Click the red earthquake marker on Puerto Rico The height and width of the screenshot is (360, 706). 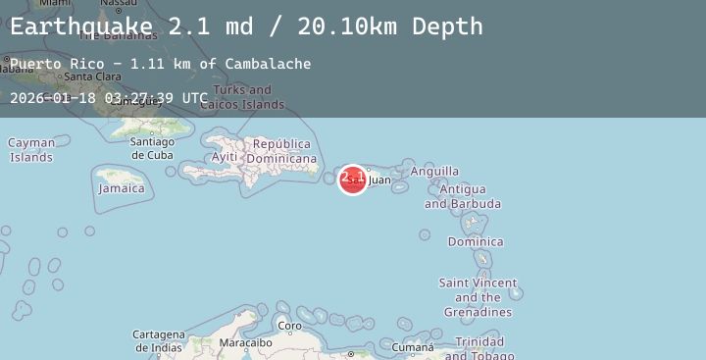(x=352, y=180)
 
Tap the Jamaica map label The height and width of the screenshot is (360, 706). (x=122, y=188)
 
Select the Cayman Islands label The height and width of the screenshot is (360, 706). (x=31, y=150)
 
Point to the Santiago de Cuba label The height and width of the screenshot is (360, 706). (x=152, y=148)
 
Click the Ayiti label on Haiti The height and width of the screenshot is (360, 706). (x=225, y=157)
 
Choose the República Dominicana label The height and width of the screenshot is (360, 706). (x=282, y=151)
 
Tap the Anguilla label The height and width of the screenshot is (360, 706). (x=434, y=172)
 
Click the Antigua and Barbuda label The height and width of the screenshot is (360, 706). (x=462, y=196)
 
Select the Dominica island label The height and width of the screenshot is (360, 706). (x=476, y=241)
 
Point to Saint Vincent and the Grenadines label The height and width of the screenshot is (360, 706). (x=478, y=297)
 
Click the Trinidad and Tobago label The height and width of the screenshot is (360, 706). (x=480, y=348)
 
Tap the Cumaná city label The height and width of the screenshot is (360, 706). (x=413, y=347)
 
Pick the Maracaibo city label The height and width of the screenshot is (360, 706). (x=245, y=343)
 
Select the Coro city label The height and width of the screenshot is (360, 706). (x=289, y=326)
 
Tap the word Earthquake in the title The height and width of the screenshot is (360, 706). (x=82, y=26)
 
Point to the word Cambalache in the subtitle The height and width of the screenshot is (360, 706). (x=268, y=64)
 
